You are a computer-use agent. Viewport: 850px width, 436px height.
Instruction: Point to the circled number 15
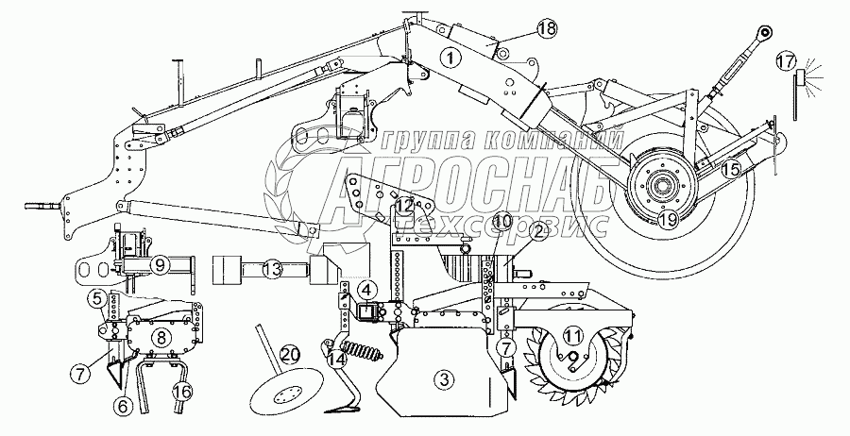731,171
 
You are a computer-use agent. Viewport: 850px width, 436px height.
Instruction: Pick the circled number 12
404,204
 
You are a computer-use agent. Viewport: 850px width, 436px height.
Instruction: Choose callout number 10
501,221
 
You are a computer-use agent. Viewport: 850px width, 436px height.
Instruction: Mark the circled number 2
538,229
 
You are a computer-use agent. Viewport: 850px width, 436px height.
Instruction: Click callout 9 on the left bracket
161,265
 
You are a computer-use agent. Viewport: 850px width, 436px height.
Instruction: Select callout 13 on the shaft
272,270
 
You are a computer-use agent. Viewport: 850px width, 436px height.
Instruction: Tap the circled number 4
364,290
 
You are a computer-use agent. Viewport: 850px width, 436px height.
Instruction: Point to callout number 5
97,299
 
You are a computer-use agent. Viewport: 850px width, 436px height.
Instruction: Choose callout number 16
183,392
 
